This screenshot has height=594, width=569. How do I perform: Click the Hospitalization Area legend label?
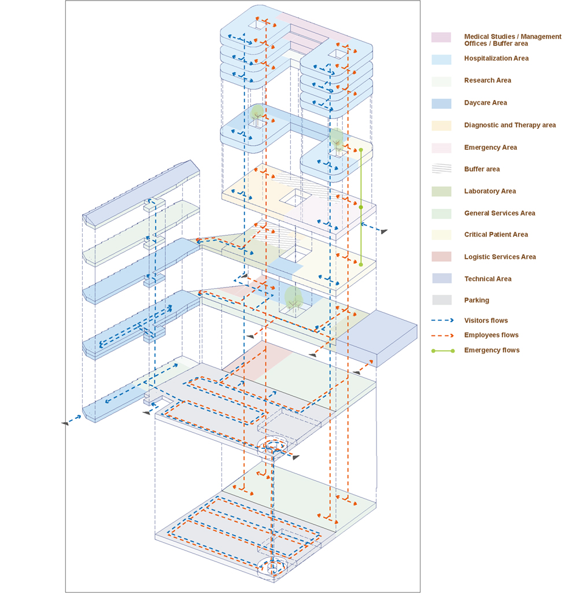coord(496,58)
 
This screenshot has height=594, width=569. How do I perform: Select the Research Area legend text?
coord(487,80)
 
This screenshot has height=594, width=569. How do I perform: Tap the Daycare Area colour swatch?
coord(441,103)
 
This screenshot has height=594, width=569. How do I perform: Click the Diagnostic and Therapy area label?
coord(509,125)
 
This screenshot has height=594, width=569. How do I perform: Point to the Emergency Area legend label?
coord(490,147)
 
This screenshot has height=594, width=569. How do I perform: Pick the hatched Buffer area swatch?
coord(441,169)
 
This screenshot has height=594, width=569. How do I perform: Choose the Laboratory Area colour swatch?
coord(441,191)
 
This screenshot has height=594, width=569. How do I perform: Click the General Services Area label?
coord(499,213)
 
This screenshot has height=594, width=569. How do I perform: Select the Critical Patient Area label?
coord(496,235)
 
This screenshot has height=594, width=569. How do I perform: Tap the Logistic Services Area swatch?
coord(441,257)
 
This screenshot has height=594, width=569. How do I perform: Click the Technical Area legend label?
coord(487,279)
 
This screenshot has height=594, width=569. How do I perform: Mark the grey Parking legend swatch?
coord(441,300)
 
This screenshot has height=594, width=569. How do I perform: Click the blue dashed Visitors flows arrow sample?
coord(442,320)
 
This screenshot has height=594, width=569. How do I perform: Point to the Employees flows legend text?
coord(491,335)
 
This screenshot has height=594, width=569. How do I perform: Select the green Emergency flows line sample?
coord(442,351)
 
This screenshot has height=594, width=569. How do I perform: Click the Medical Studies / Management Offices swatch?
coord(441,38)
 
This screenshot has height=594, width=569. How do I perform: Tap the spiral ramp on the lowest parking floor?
coord(272,567)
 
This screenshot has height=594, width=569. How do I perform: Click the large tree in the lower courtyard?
coord(293,297)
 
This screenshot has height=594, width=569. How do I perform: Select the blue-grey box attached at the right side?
coord(376,338)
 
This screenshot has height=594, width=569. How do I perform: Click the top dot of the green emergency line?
coord(361,150)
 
